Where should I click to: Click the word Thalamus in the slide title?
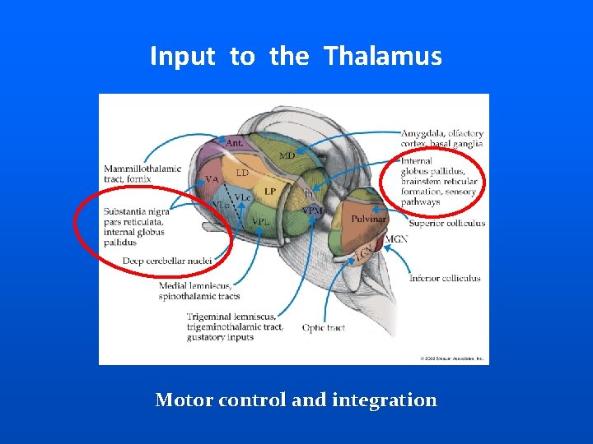[382, 57]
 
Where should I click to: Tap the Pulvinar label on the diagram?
[368, 220]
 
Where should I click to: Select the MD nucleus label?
[287, 155]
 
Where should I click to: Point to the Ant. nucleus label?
[235, 143]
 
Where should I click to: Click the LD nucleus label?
[242, 173]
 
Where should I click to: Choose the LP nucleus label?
[270, 192]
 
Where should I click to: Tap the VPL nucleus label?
[261, 221]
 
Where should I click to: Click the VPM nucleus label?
[313, 210]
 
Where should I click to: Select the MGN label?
[396, 239]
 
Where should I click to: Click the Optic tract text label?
[323, 328]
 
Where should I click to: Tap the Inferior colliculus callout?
[445, 279]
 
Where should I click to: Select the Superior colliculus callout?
[447, 223]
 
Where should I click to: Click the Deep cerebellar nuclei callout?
[167, 261]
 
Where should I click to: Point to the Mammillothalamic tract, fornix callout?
[142, 173]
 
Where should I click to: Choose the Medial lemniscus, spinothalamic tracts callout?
[199, 291]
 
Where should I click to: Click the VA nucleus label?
[212, 179]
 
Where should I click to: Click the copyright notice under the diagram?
[451, 358]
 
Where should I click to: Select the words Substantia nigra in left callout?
[137, 212]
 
